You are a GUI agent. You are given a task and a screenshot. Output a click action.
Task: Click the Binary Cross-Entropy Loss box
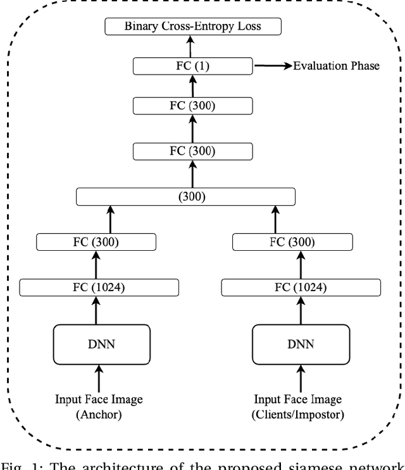click(192, 27)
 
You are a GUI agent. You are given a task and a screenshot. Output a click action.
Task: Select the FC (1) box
click(192, 66)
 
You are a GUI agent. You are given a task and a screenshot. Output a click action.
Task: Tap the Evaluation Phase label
click(335, 66)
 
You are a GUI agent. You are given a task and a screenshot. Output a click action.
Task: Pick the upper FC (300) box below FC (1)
click(192, 105)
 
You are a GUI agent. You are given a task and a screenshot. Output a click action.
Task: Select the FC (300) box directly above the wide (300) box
click(192, 151)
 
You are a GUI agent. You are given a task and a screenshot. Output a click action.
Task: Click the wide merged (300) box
click(185, 196)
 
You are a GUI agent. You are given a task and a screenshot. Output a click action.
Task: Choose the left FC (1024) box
click(99, 287)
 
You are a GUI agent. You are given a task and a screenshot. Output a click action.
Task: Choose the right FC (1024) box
click(301, 287)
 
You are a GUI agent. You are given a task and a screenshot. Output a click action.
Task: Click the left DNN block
click(101, 345)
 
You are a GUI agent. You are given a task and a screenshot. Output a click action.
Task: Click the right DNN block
click(300, 345)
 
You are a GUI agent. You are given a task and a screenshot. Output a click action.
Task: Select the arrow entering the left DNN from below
click(99, 379)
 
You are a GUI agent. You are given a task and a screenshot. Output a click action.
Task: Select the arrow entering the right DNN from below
click(301, 379)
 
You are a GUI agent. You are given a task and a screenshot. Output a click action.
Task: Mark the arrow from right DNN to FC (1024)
click(301, 310)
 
